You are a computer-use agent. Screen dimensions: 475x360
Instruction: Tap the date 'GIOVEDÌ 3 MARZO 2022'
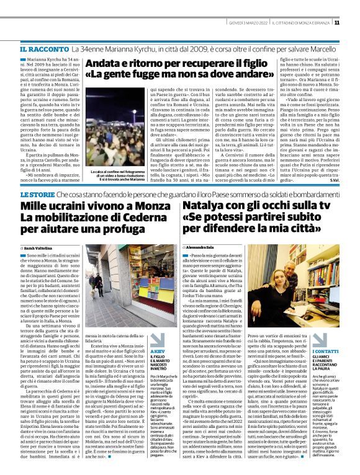click(x=244, y=23)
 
